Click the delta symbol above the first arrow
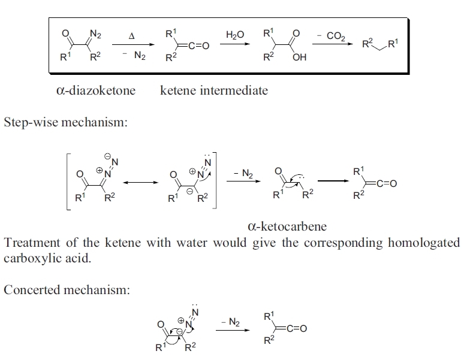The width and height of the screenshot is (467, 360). (x=131, y=36)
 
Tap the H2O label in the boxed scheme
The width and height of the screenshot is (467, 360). (x=235, y=35)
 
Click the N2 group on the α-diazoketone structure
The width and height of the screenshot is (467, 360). (x=95, y=34)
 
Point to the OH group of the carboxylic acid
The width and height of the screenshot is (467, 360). (x=300, y=59)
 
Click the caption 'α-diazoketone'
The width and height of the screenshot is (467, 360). (x=95, y=90)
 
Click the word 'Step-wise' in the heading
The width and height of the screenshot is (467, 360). (x=30, y=122)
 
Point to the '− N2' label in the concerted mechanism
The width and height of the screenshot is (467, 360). (x=230, y=323)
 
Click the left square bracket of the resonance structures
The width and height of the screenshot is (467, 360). (x=67, y=180)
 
